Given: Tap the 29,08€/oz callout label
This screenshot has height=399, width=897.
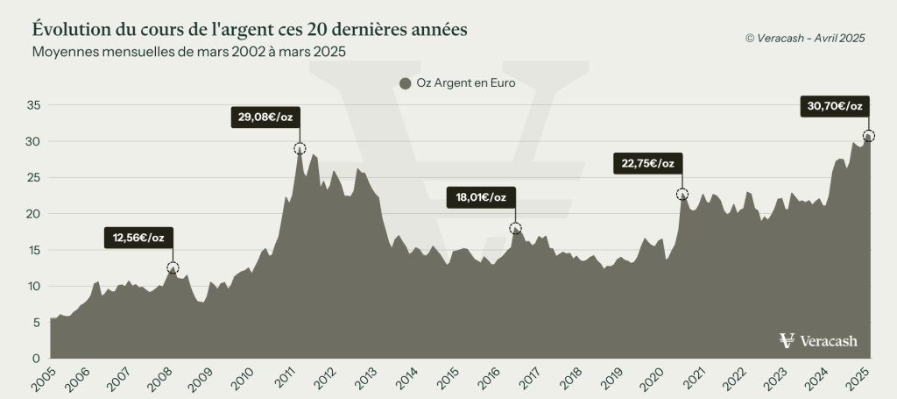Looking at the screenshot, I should click(265, 117).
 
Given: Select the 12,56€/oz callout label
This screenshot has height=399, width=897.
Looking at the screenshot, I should click(138, 236).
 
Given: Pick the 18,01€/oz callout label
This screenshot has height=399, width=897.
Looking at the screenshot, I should click(480, 197).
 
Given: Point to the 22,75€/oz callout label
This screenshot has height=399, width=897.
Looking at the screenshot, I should click(647, 163).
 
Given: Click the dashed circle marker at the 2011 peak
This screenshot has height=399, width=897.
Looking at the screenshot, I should click(300, 149).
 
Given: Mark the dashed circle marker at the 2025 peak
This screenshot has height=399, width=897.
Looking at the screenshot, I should click(868, 136).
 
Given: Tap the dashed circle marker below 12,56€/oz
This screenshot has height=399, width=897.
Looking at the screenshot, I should click(173, 267).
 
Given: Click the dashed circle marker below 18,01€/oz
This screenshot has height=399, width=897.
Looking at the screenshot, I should click(515, 229).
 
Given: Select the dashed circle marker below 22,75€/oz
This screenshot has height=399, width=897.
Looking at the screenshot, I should click(682, 194).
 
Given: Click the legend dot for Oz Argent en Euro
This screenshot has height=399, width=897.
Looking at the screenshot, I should click(405, 84).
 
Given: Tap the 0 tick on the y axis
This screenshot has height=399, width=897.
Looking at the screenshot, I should click(38, 359).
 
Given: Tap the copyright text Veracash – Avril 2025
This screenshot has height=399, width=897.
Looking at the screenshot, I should click(804, 37).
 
